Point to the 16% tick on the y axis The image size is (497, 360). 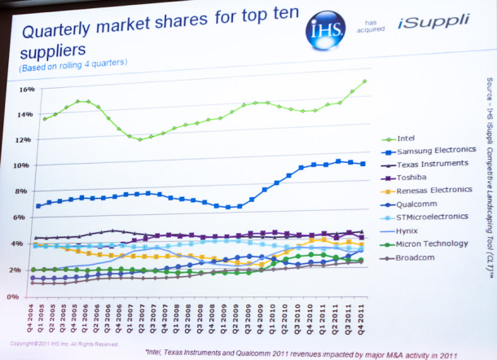[25, 90]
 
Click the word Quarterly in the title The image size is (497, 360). [64, 33]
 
